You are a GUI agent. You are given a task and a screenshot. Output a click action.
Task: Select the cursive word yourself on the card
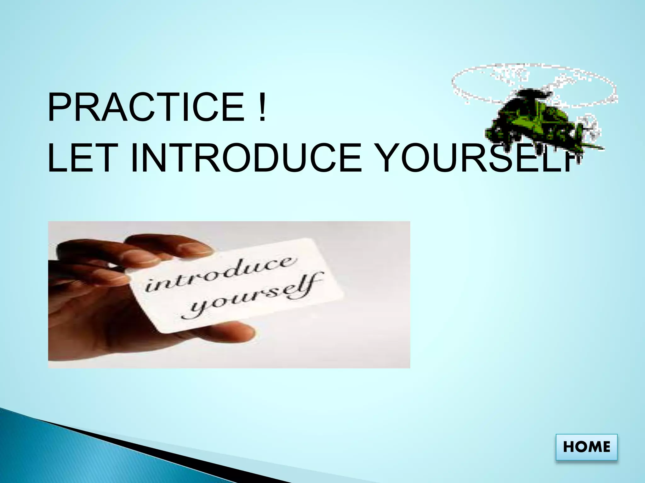[252, 296]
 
